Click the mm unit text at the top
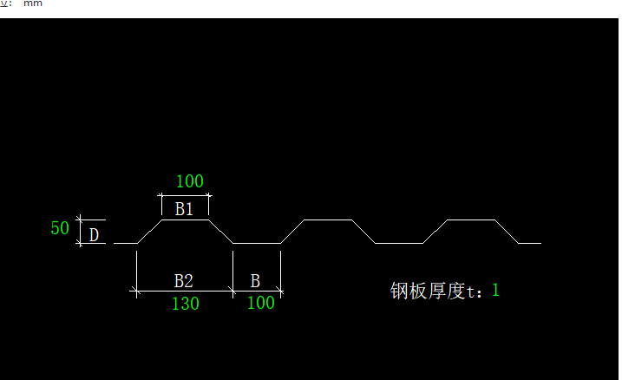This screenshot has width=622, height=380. pyautogui.click(x=33, y=3)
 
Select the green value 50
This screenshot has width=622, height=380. pyautogui.click(x=60, y=229)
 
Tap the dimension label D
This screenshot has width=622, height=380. pyautogui.click(x=94, y=234)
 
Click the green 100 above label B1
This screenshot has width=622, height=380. pyautogui.click(x=189, y=182)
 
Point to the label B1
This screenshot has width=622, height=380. pyautogui.click(x=184, y=209)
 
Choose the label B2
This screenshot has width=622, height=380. pyautogui.click(x=183, y=281)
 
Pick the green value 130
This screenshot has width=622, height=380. pyautogui.click(x=184, y=304)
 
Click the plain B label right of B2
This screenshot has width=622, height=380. pyautogui.click(x=255, y=281)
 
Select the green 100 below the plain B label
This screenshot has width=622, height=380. pyautogui.click(x=261, y=304)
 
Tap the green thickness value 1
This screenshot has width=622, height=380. pyautogui.click(x=496, y=290)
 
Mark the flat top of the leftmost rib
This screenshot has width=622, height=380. pyautogui.click(x=185, y=220)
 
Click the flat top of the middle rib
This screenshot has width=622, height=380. pyautogui.click(x=328, y=220)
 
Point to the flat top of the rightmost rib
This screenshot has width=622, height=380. pyautogui.click(x=470, y=220)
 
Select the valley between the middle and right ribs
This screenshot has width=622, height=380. pyautogui.click(x=399, y=243)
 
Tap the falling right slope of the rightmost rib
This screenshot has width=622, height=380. pyautogui.click(x=507, y=232)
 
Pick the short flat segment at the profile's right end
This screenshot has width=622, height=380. pyautogui.click(x=530, y=243)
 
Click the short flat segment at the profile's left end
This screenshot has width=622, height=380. pyautogui.click(x=126, y=243)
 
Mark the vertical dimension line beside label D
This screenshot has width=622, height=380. pyautogui.click(x=80, y=232)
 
